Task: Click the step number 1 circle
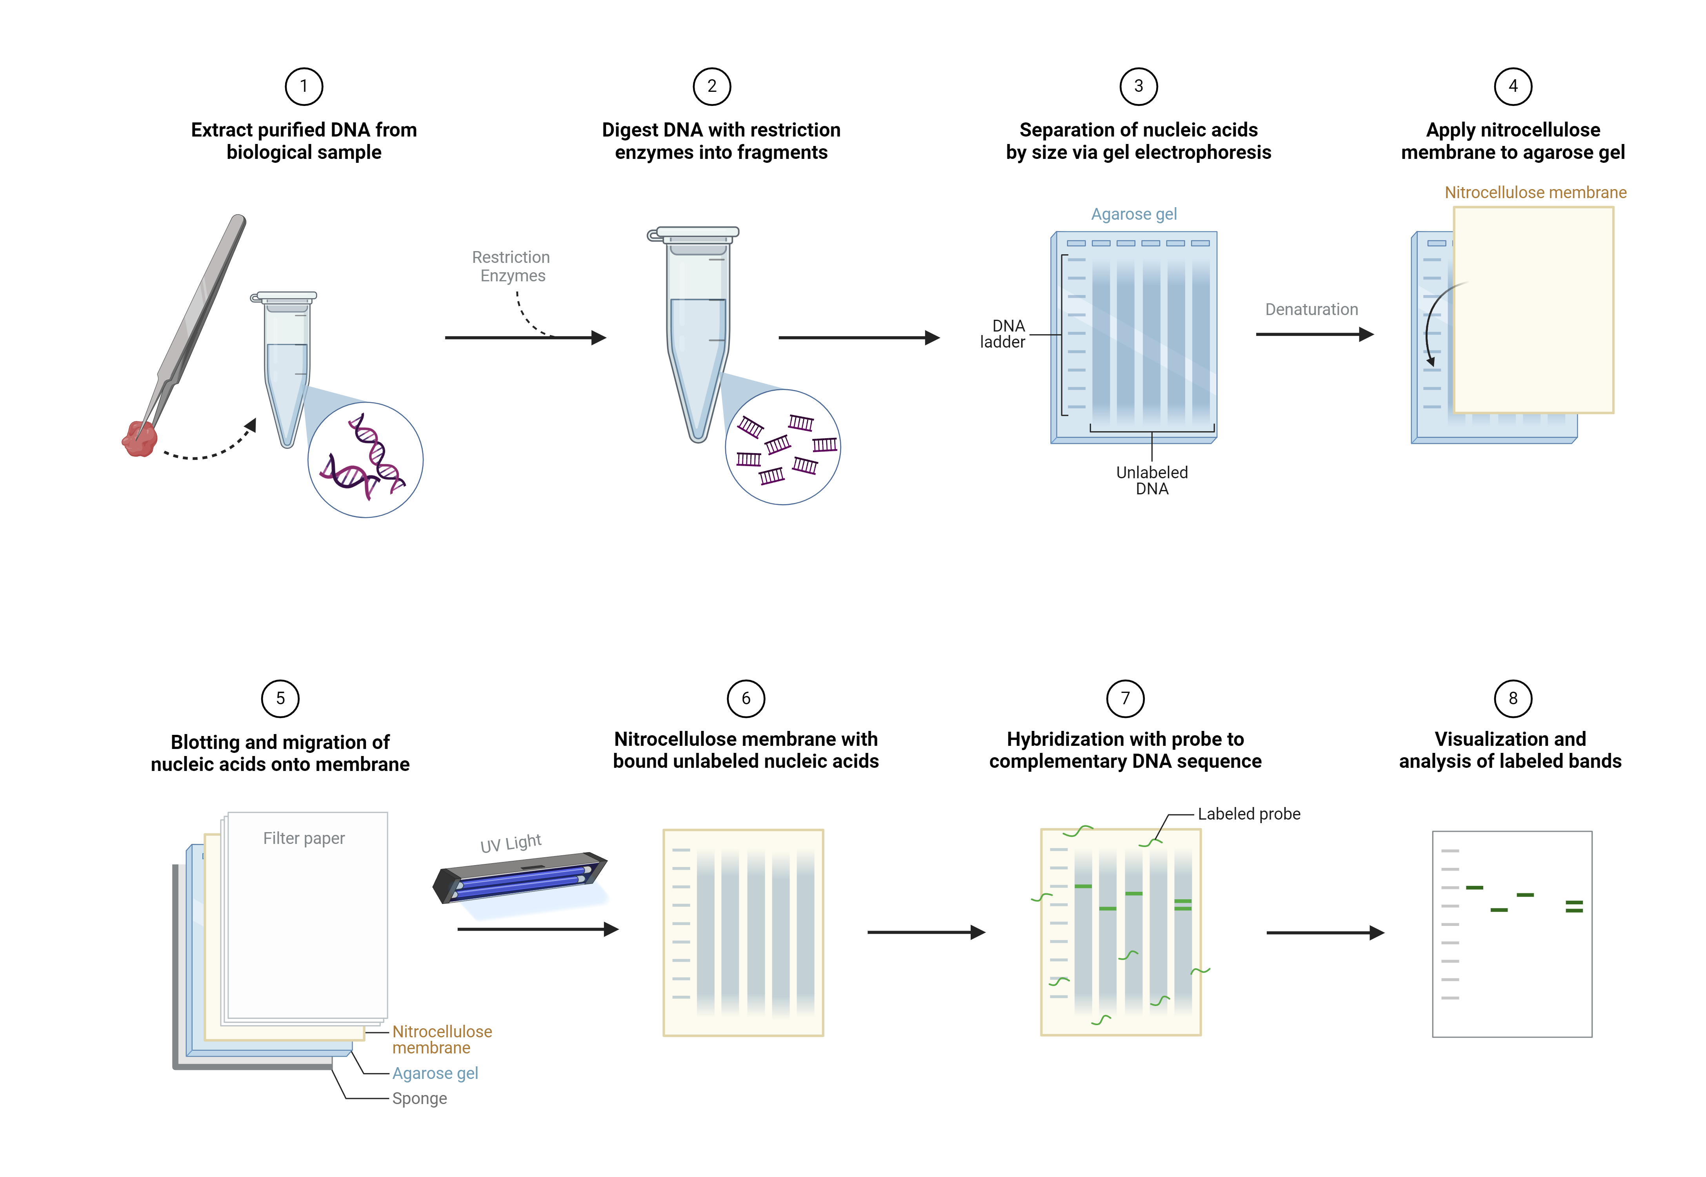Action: (304, 86)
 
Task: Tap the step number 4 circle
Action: (1513, 86)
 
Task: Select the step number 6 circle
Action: (746, 698)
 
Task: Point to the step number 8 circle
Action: (1513, 698)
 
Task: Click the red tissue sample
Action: (139, 439)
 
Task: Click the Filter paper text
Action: (304, 838)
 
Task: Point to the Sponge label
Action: (420, 1098)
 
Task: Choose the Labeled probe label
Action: (1249, 814)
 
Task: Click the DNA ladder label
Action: (1003, 334)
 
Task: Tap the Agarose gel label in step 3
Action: (1134, 214)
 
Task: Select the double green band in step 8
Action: (1574, 906)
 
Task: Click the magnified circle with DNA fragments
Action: (783, 447)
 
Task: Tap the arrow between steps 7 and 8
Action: (1325, 933)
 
